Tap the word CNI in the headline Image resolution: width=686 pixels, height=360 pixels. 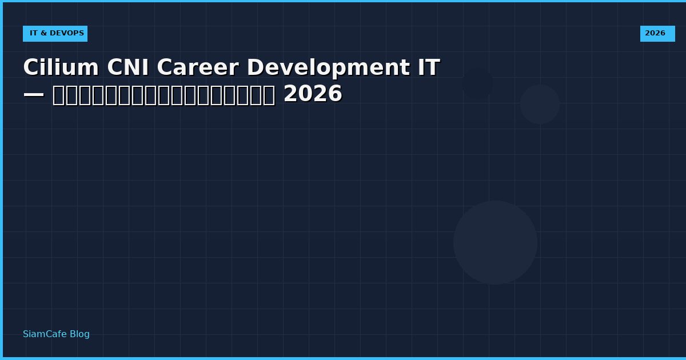[x=127, y=68]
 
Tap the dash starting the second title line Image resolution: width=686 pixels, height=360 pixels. [x=34, y=94]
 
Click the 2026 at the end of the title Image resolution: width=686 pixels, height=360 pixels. [x=313, y=94]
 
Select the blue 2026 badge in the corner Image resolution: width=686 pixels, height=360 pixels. [x=657, y=34]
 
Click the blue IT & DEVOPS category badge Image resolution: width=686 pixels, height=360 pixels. [x=55, y=34]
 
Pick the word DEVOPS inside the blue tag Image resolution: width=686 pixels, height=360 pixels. [x=66, y=34]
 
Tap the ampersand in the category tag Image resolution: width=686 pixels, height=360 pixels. [x=43, y=34]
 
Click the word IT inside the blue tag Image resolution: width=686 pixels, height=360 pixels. [x=34, y=34]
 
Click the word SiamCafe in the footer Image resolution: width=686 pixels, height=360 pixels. [x=45, y=334]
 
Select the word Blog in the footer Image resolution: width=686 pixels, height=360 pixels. [x=79, y=334]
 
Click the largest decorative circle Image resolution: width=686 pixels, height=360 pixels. [x=495, y=242]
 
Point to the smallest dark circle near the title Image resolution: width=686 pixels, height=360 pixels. [x=477, y=83]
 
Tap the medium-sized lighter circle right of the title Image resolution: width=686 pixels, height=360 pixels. [x=540, y=104]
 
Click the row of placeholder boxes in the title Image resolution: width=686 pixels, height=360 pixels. [x=163, y=95]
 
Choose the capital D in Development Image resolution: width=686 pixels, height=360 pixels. [x=254, y=68]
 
